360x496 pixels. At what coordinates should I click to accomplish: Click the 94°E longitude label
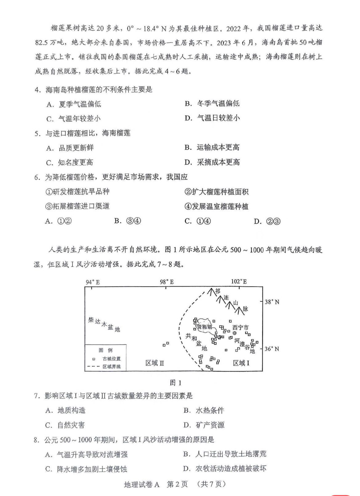(x=93, y=282)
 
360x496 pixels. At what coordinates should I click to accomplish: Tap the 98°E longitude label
(x=166, y=282)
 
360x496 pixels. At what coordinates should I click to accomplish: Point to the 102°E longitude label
(x=239, y=281)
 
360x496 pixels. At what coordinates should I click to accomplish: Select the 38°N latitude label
(x=272, y=302)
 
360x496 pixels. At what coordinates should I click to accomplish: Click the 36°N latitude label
(x=272, y=349)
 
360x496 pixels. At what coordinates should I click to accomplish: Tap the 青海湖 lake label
(x=205, y=327)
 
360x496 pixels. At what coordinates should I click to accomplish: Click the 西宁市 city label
(x=240, y=328)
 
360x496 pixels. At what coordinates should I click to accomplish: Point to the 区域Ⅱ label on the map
(x=155, y=363)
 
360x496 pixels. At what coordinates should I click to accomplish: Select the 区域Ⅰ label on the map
(x=241, y=363)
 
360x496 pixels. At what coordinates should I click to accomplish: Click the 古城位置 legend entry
(x=111, y=359)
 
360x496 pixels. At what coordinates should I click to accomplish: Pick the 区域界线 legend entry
(x=111, y=366)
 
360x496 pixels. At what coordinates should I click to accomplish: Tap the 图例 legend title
(x=106, y=350)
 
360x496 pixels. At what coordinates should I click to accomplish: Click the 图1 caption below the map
(x=175, y=383)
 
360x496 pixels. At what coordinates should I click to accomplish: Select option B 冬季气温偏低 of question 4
(x=218, y=104)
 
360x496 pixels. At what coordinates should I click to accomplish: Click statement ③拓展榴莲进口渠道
(x=78, y=206)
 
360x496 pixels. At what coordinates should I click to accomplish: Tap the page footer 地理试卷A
(x=142, y=484)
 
